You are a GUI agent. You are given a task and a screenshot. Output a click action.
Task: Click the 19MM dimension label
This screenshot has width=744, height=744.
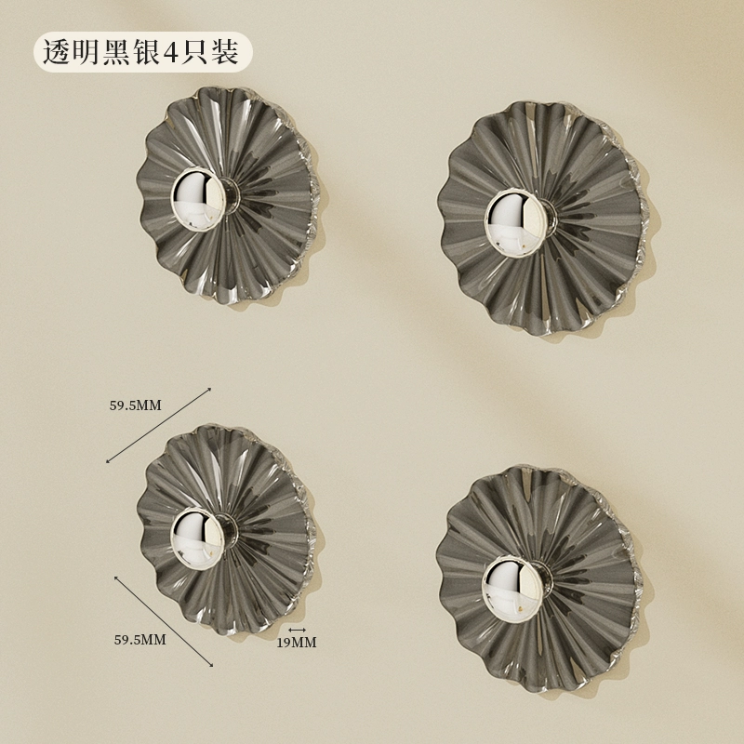296,643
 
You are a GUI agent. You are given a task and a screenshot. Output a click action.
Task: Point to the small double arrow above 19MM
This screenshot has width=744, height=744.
297,630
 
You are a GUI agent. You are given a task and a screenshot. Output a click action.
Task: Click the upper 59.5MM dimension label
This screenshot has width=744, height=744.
135,405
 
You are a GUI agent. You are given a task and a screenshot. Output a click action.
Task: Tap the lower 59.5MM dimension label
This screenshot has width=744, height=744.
140,640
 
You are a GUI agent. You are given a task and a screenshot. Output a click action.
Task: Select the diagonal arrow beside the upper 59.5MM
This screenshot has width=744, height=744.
158,425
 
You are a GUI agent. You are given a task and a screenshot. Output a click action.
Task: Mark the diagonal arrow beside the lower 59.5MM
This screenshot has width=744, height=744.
164,620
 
